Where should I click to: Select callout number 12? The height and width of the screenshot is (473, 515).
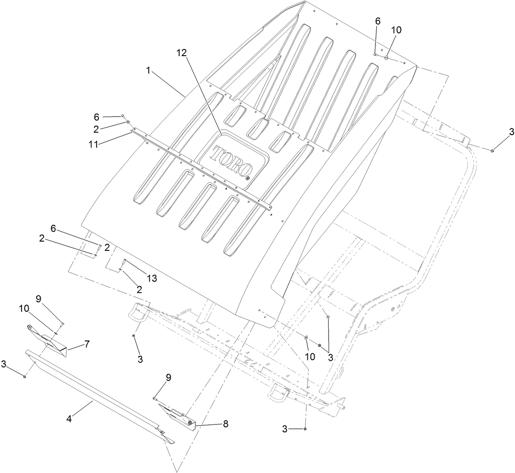(181, 53)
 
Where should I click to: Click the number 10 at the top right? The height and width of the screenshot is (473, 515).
(396, 30)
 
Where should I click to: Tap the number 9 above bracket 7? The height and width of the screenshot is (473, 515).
(38, 299)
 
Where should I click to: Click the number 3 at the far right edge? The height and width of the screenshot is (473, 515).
(511, 131)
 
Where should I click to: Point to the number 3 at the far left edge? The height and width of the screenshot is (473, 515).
(4, 363)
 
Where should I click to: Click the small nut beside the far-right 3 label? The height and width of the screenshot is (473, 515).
(492, 151)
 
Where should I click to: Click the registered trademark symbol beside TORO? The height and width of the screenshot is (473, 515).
(247, 178)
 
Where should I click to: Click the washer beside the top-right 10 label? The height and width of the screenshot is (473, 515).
(386, 57)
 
